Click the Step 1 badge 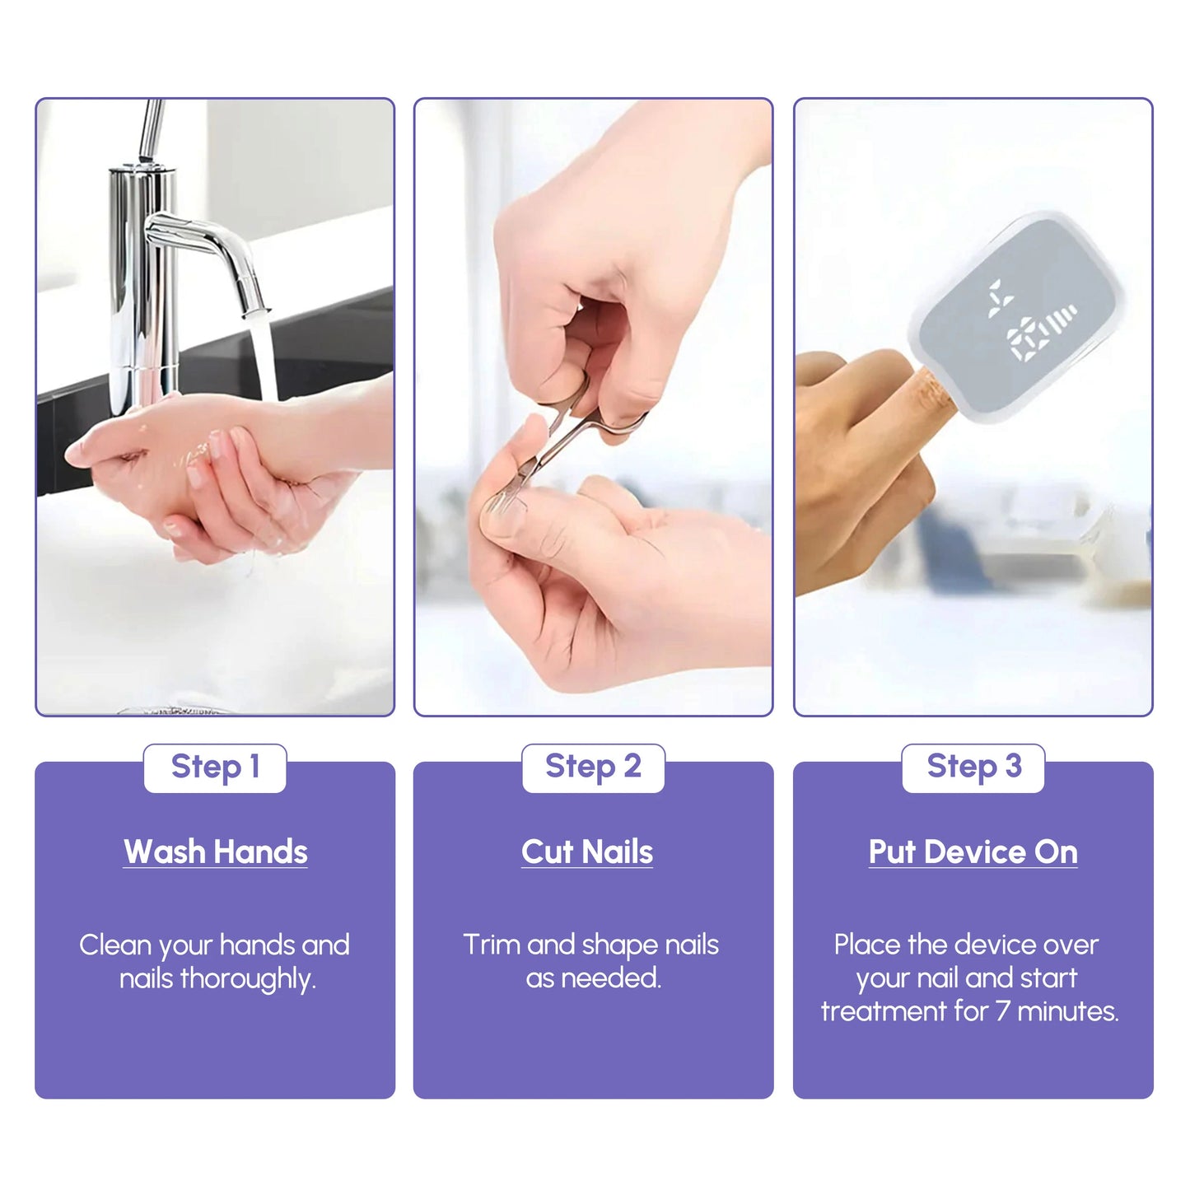[215, 768]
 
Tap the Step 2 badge [593, 768]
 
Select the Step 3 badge [973, 768]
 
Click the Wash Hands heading [216, 852]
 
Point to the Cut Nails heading [586, 852]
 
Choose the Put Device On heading [973, 852]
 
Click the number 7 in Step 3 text [1003, 1011]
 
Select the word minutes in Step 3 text [1068, 1011]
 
